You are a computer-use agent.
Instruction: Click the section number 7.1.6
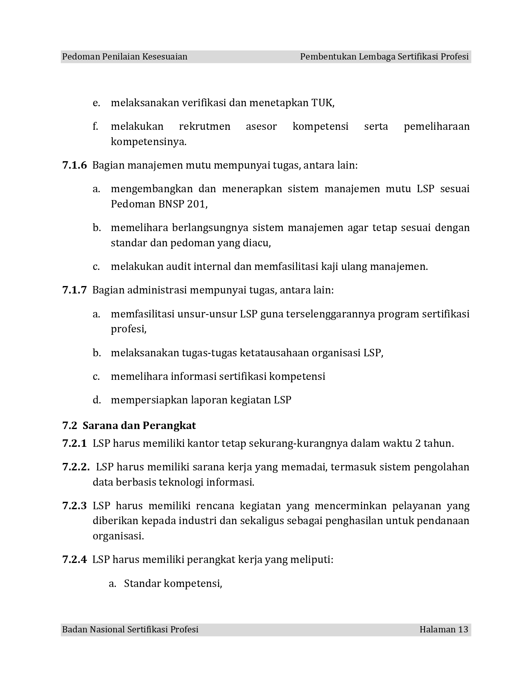[x=74, y=165]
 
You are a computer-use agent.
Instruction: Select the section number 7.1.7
[x=74, y=290]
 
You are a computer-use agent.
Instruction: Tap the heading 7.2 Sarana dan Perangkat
[x=129, y=425]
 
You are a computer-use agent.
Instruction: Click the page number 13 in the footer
[x=463, y=630]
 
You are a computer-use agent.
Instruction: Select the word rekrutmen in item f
[x=205, y=126]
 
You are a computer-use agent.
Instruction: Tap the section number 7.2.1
[x=74, y=444]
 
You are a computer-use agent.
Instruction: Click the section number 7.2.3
[x=74, y=506]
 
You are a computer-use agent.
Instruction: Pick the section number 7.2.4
[x=74, y=560]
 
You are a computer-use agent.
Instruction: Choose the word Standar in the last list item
[x=142, y=584]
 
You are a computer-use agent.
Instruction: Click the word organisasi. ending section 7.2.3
[x=118, y=537]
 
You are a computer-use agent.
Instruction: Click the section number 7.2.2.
[x=76, y=467]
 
